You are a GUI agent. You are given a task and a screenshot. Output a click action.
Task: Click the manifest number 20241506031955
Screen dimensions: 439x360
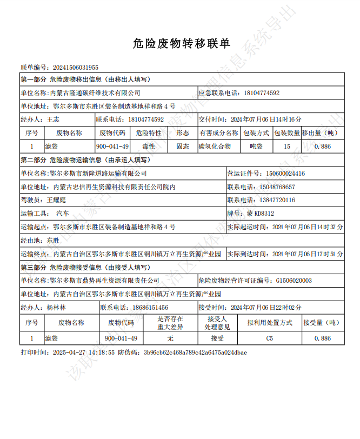click(x=76, y=68)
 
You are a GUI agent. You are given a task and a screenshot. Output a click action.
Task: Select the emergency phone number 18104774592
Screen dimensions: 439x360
click(x=262, y=93)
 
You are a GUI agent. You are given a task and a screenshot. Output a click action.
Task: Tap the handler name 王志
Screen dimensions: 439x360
click(x=53, y=119)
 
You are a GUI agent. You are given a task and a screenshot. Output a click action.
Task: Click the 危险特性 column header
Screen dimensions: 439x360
click(x=148, y=132)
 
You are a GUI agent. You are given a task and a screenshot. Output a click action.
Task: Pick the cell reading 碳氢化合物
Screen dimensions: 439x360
click(x=215, y=146)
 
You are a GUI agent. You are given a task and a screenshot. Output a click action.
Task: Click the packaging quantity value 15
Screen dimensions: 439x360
click(x=286, y=146)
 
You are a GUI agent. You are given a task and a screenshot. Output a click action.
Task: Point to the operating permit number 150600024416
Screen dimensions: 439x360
click(x=285, y=174)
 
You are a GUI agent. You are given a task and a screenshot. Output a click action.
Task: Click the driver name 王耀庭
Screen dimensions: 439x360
click(x=57, y=199)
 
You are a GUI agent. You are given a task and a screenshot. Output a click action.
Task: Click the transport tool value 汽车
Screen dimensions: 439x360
click(x=62, y=213)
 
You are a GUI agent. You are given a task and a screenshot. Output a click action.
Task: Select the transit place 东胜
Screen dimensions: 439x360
click(x=53, y=240)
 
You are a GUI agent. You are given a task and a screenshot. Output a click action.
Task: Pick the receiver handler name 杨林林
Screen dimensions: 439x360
click(x=56, y=307)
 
